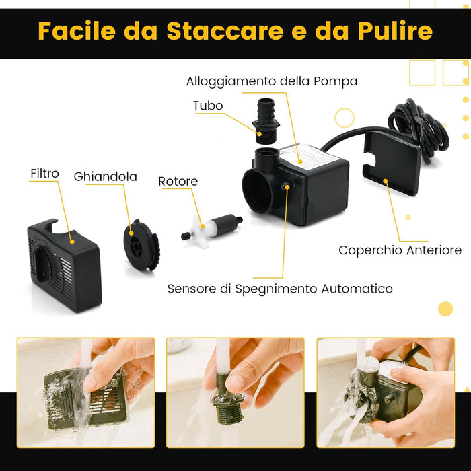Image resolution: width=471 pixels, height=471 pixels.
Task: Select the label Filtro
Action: click(x=44, y=173)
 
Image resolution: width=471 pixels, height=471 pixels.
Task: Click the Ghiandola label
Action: click(x=105, y=177)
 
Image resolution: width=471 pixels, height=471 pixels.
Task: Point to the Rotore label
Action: click(x=178, y=182)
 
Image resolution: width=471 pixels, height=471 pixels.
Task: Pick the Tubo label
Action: click(x=207, y=106)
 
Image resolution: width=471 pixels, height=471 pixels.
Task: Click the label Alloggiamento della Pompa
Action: click(x=272, y=81)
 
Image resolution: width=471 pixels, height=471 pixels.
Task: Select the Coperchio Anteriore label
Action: click(x=400, y=250)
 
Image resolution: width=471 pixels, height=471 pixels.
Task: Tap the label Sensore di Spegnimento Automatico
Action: click(x=280, y=289)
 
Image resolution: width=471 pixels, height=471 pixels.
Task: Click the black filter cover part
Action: click(x=64, y=266)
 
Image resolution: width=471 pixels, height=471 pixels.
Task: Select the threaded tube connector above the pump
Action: click(x=266, y=120)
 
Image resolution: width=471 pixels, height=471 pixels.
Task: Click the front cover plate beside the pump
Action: click(x=391, y=162)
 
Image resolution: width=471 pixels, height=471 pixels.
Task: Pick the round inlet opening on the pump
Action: click(x=257, y=190)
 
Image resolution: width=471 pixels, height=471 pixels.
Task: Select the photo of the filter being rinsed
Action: click(x=85, y=392)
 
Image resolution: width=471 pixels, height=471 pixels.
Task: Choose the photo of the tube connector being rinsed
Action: click(x=235, y=392)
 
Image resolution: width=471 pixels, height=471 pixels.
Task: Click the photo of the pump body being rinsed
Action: click(x=385, y=392)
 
